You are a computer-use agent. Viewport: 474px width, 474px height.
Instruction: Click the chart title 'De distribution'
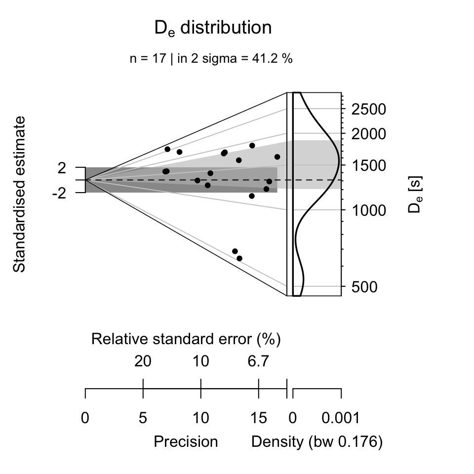[x=213, y=28]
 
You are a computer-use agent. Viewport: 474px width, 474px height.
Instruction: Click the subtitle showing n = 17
[x=211, y=59]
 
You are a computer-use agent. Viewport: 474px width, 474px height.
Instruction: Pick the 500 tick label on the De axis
[x=368, y=287]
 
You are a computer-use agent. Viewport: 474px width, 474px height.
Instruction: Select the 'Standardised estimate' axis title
[x=19, y=194]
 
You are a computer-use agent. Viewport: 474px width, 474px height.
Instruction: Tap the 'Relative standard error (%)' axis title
[x=186, y=339]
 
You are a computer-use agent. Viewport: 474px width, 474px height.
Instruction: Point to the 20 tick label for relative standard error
[x=143, y=361]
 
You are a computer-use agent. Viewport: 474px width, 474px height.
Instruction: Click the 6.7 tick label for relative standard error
[x=258, y=361]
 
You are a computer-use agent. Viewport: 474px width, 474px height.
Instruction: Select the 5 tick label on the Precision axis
[x=143, y=419]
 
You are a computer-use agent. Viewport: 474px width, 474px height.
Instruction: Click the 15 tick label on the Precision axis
[x=258, y=419]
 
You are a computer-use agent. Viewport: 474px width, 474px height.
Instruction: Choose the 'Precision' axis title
[x=186, y=441]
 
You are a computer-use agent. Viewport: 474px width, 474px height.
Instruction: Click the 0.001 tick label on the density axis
[x=341, y=419]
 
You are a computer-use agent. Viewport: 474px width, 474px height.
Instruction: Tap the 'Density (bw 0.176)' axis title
[x=317, y=441]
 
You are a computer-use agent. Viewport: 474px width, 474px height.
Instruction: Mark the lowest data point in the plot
[x=239, y=258]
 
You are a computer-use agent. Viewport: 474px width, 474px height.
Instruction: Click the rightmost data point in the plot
[x=277, y=157]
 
